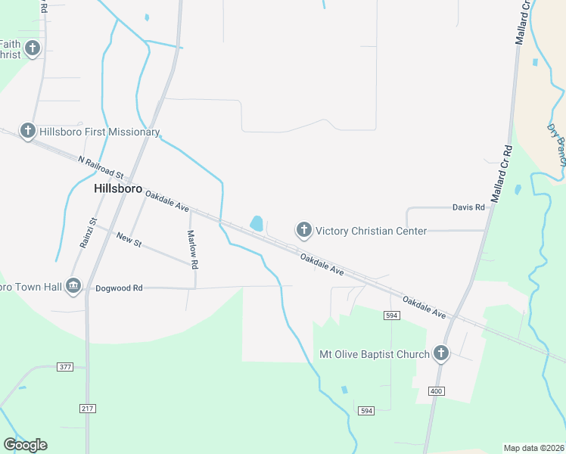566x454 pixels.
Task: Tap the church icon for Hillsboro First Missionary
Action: point(28,132)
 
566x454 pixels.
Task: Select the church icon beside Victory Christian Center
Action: point(303,230)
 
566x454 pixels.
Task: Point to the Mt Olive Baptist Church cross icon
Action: point(440,353)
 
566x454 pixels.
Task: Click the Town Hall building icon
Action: point(73,285)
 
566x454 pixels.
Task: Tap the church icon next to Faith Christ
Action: point(32,50)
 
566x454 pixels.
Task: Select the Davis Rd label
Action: point(468,207)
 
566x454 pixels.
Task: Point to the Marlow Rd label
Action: point(192,250)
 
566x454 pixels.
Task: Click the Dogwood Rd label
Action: point(120,288)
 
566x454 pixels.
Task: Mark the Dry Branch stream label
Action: point(556,143)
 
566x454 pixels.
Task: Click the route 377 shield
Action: point(65,367)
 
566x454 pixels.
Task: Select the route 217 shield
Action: point(87,408)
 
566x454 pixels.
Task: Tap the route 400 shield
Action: point(435,391)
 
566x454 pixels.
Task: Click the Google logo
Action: point(25,445)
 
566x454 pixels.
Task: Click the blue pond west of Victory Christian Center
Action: point(257,223)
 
